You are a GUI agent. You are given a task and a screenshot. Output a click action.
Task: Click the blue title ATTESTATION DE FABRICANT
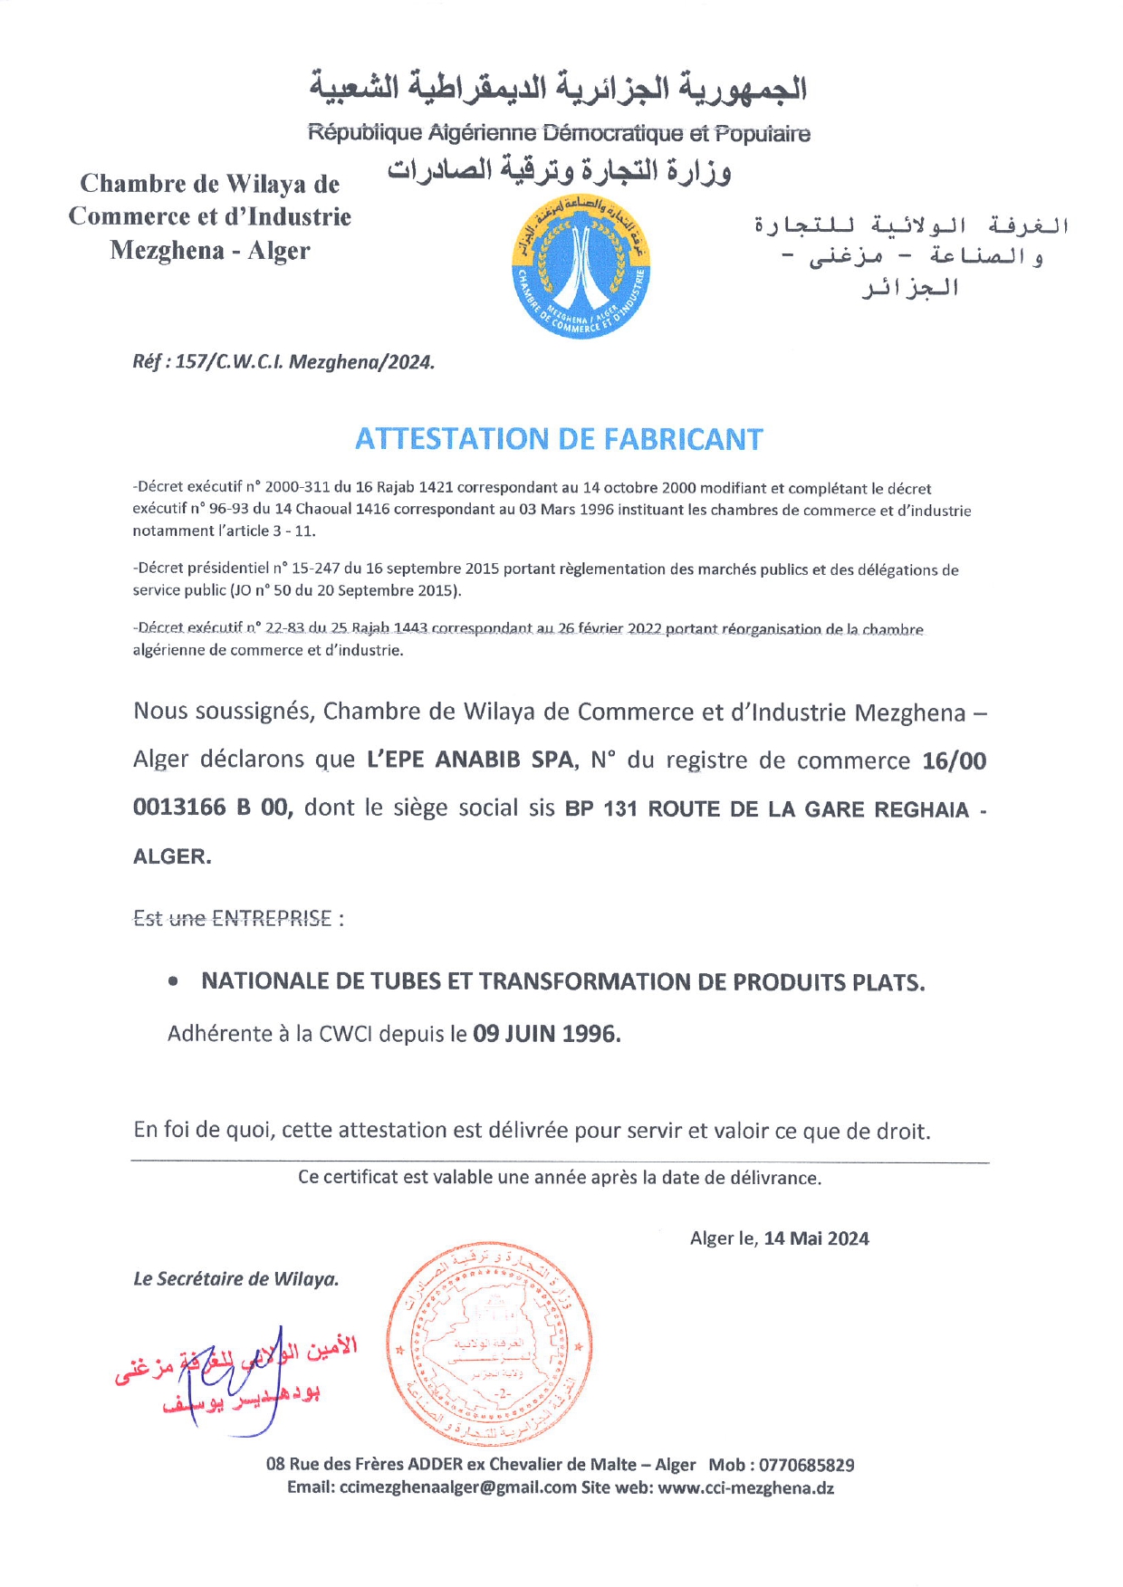pos(559,439)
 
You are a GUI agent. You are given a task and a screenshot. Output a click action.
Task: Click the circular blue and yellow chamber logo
pos(581,269)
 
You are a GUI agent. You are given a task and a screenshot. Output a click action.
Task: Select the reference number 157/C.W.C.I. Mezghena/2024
pos(305,362)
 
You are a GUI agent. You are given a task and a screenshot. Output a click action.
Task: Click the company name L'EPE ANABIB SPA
pos(471,760)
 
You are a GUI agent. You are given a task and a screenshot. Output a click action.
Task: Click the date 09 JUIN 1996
pos(546,1034)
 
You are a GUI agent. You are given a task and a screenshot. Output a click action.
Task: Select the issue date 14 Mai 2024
pos(816,1238)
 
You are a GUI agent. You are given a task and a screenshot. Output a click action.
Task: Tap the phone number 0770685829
pos(806,1465)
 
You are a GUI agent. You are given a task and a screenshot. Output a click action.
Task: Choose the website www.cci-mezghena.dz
pos(745,1487)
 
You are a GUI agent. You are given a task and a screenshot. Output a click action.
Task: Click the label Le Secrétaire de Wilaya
pos(235,1279)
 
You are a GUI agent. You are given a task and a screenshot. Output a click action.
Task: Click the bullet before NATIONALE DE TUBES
pos(173,981)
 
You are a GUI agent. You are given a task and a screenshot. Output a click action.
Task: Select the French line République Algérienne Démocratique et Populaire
pos(559,134)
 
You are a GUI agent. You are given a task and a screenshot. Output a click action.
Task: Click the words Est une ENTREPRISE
pos(232,919)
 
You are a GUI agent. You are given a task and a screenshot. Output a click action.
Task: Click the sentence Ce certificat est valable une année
pos(559,1178)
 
